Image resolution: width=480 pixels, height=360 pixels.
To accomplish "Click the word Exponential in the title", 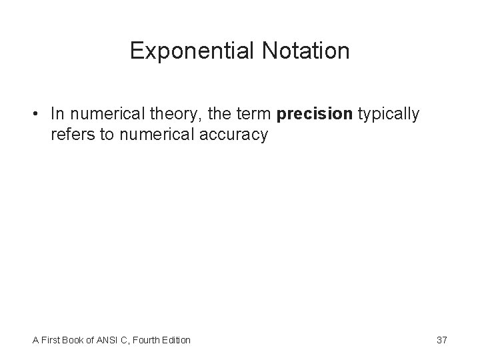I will coord(187,51).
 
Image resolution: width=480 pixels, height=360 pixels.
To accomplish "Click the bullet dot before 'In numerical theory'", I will coord(38,115).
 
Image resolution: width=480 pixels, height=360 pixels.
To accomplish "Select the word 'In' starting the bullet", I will coord(57,115).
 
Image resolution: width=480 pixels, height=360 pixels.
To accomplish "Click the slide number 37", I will coord(441,340).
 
